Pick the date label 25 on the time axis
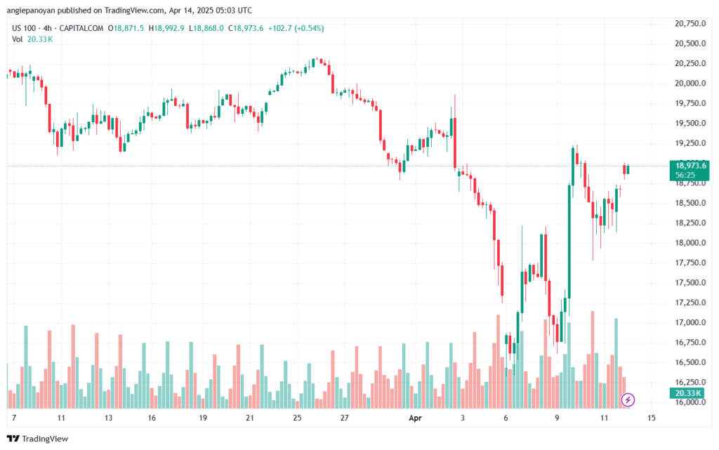(297, 418)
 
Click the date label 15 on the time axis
(652, 418)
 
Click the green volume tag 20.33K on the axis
(686, 392)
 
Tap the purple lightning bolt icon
(628, 399)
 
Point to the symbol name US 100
(25, 28)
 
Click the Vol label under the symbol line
(18, 39)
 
